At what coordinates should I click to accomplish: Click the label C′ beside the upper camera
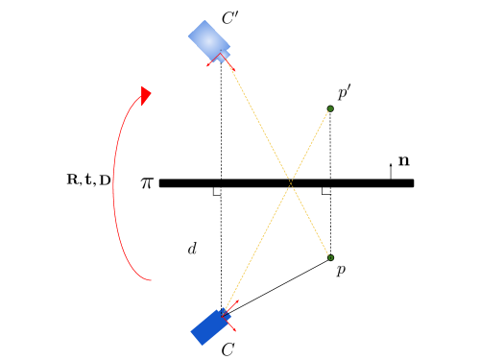point(230,18)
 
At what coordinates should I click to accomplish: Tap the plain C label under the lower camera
point(228,349)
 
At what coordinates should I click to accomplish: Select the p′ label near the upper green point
point(345,92)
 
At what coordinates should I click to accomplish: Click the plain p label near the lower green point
point(341,271)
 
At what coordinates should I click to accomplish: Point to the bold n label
point(404,161)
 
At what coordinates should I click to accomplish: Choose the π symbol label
point(145,181)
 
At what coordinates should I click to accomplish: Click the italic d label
point(192,248)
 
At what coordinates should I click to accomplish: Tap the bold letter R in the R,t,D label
point(73,180)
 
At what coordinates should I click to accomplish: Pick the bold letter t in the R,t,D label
point(88,180)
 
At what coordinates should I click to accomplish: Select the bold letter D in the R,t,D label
point(105,180)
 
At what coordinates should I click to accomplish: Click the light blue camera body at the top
point(207,40)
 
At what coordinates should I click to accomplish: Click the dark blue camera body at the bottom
point(209,326)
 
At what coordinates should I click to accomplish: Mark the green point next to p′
point(330,108)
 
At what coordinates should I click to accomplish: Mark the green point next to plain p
point(331,257)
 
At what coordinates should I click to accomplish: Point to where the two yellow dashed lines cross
point(290,182)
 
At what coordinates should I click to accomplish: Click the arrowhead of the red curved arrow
point(146,95)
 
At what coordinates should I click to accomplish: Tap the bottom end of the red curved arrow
point(150,280)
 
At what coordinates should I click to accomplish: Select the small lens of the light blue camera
point(223,58)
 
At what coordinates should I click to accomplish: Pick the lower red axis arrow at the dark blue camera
point(231,325)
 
